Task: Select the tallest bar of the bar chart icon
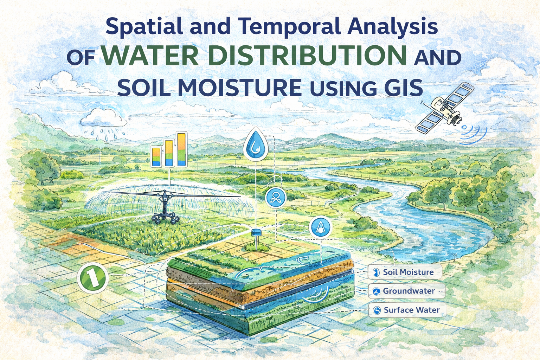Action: coord(182,149)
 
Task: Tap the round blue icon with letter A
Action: coord(320,227)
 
